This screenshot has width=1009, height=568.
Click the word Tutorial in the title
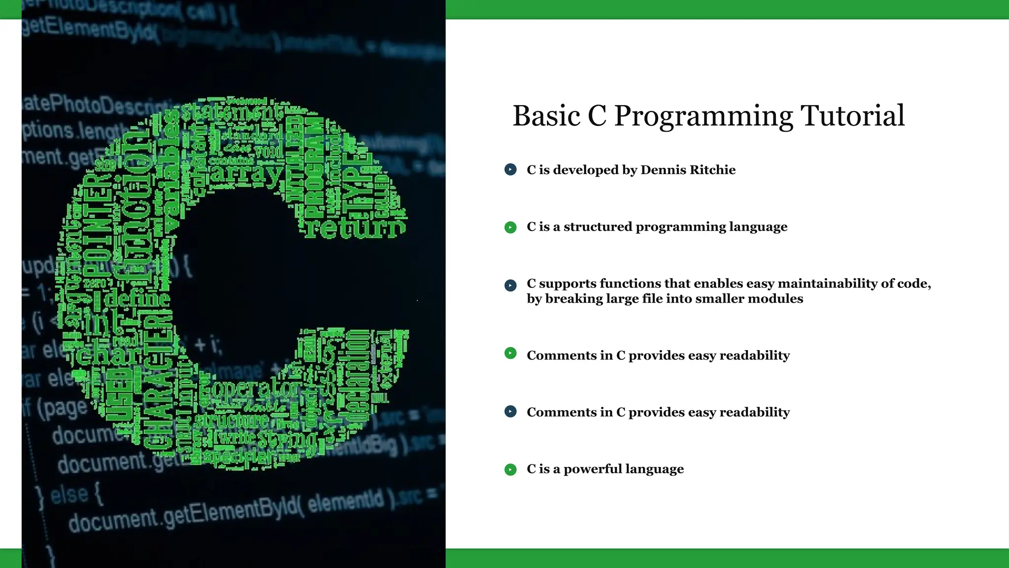(x=852, y=116)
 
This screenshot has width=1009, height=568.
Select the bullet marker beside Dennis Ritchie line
(x=510, y=170)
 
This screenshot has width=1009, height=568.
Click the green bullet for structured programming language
(x=510, y=227)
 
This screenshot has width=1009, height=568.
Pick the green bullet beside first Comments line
(x=510, y=353)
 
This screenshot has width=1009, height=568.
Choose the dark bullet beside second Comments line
(x=510, y=411)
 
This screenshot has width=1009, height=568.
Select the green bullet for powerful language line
(x=510, y=469)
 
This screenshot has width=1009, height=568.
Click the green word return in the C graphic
(x=355, y=228)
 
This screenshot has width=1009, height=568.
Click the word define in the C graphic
(x=137, y=299)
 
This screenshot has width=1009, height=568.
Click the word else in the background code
(x=69, y=494)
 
